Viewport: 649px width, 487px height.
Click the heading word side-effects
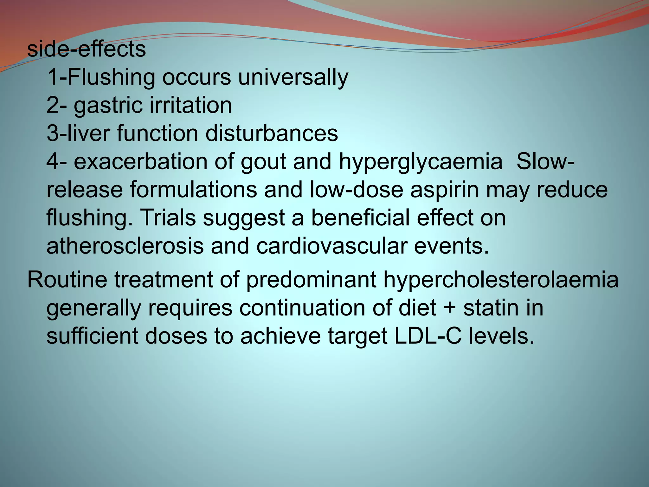tap(86, 50)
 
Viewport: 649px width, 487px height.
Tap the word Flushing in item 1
tap(111, 78)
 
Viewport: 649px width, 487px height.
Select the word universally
tap(293, 78)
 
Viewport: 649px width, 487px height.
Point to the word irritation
tap(191, 105)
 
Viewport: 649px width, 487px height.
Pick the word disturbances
tap(272, 133)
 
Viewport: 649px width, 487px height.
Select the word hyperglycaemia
tap(421, 162)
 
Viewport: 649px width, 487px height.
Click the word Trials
tap(168, 218)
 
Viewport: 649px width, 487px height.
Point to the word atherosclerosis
tap(125, 246)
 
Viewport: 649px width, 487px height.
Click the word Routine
tap(67, 280)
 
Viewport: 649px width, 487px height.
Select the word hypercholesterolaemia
tap(501, 280)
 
